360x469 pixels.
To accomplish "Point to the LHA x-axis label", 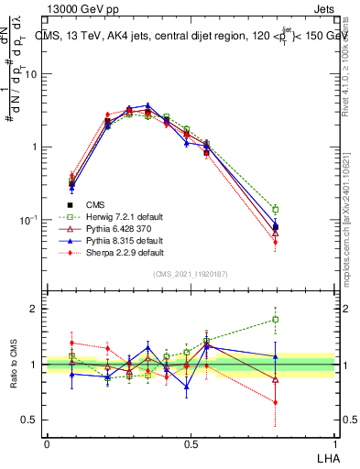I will pyautogui.click(x=327, y=457).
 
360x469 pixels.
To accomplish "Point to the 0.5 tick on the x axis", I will pyautogui.click(x=191, y=443).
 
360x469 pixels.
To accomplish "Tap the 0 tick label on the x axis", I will pyautogui.click(x=47, y=443).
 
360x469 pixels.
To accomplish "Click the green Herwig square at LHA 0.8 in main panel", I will pyautogui.click(x=276, y=210).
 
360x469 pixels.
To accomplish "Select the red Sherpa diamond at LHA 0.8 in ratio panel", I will pyautogui.click(x=276, y=402).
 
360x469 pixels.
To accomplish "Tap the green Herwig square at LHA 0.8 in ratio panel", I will pyautogui.click(x=276, y=320).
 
